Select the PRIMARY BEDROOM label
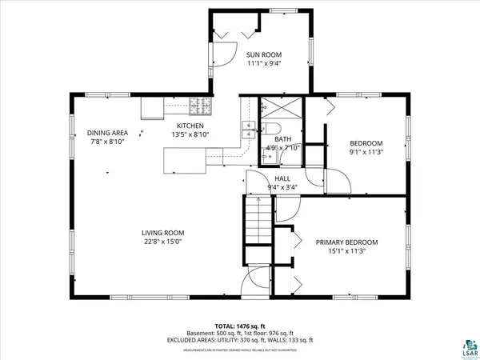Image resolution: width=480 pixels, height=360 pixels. [x=346, y=242]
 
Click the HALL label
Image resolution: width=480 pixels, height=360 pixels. [x=282, y=179]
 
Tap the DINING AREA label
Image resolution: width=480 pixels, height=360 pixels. [x=106, y=133]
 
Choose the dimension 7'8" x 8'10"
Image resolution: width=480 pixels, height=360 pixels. [x=106, y=142]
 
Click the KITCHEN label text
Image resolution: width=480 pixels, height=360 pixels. [x=190, y=126]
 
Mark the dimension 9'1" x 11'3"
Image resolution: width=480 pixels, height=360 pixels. [x=367, y=151]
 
